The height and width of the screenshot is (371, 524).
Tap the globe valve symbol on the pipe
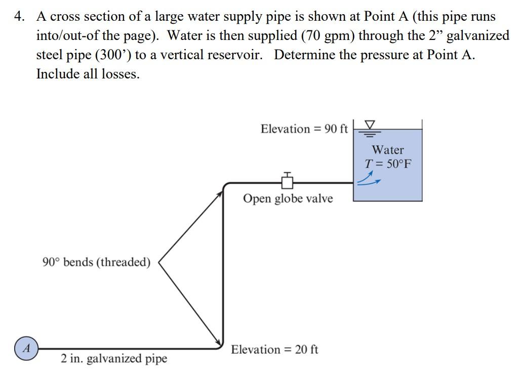click(288, 181)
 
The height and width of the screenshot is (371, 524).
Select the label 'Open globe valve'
click(288, 198)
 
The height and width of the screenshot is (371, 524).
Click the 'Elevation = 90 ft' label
click(304, 129)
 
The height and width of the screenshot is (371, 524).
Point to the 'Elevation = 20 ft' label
click(275, 350)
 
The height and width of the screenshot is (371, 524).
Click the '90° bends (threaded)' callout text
click(96, 262)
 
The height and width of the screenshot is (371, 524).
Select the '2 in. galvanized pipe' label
click(114, 359)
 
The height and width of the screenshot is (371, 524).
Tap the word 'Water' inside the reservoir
click(388, 150)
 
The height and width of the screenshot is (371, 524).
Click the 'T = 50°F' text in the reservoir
click(388, 164)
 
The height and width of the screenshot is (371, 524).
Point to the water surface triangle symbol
click(371, 125)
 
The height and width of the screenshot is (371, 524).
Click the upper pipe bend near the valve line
click(225, 185)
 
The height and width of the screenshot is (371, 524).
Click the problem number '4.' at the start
click(20, 17)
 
